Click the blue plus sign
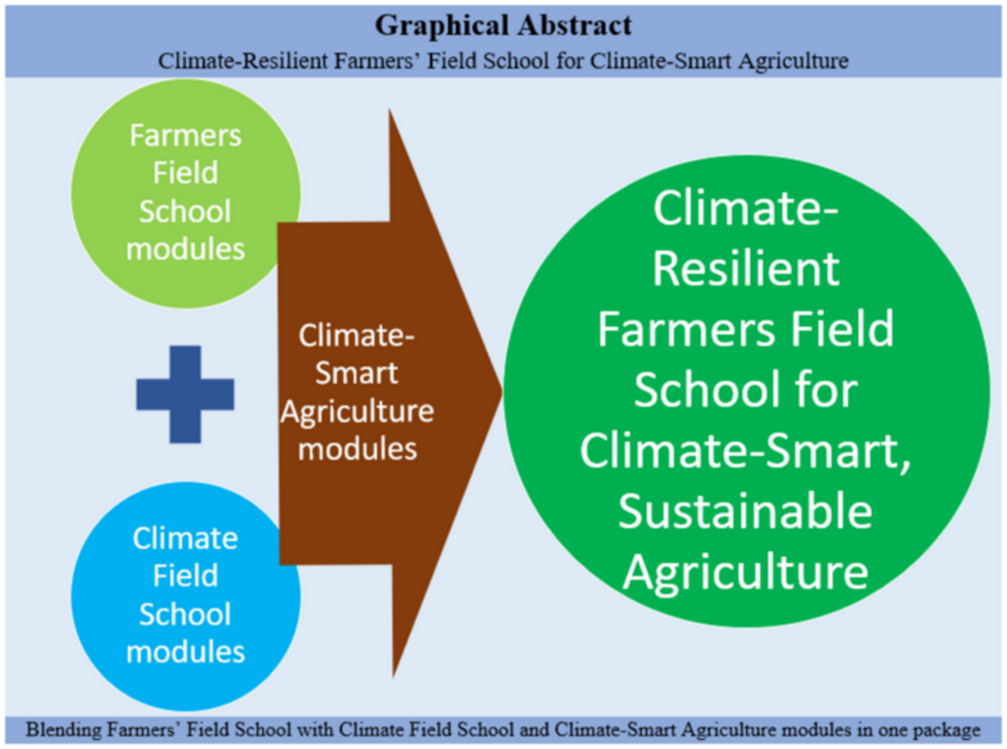(x=185, y=395)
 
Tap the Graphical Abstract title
(x=503, y=26)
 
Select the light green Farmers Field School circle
(x=186, y=193)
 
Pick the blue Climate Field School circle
(x=186, y=596)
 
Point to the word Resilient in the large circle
(x=745, y=268)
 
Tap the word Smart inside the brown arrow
(x=356, y=374)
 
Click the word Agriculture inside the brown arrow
(x=357, y=412)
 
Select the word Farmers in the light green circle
(x=186, y=136)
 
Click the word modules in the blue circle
(x=186, y=652)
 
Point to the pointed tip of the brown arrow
(x=502, y=392)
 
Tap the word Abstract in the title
(x=576, y=26)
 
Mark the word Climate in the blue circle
(x=186, y=538)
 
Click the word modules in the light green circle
(x=186, y=249)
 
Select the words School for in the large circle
(x=745, y=389)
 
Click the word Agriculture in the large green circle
(x=745, y=572)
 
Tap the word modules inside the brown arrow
(x=358, y=449)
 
